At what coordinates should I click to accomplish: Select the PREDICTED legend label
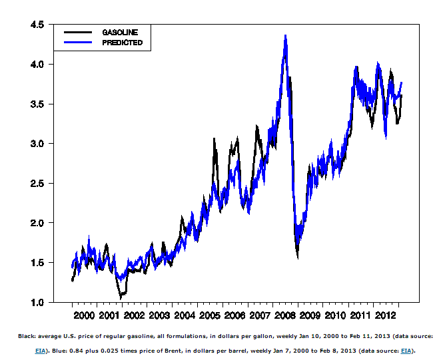click(x=122, y=43)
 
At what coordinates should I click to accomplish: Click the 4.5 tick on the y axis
click(x=37, y=25)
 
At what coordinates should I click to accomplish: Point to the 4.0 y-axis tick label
click(x=37, y=65)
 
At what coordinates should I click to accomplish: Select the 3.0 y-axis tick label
click(x=37, y=144)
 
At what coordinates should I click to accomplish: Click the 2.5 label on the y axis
click(x=37, y=183)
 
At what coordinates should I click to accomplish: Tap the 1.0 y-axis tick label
click(x=37, y=302)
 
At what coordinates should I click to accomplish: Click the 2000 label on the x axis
click(x=84, y=315)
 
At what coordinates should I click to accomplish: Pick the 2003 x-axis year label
click(x=159, y=315)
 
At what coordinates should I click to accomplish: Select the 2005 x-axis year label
click(x=210, y=315)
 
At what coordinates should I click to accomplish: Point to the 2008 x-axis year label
click(x=285, y=315)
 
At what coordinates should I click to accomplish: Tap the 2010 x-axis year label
click(x=335, y=315)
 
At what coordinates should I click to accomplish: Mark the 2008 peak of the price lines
click(x=285, y=35)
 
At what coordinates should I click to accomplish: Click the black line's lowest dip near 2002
click(x=121, y=297)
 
